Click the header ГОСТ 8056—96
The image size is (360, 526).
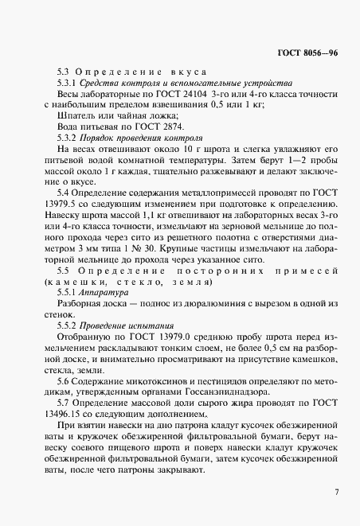(x=310, y=53)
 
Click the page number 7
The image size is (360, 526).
(x=337, y=492)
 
